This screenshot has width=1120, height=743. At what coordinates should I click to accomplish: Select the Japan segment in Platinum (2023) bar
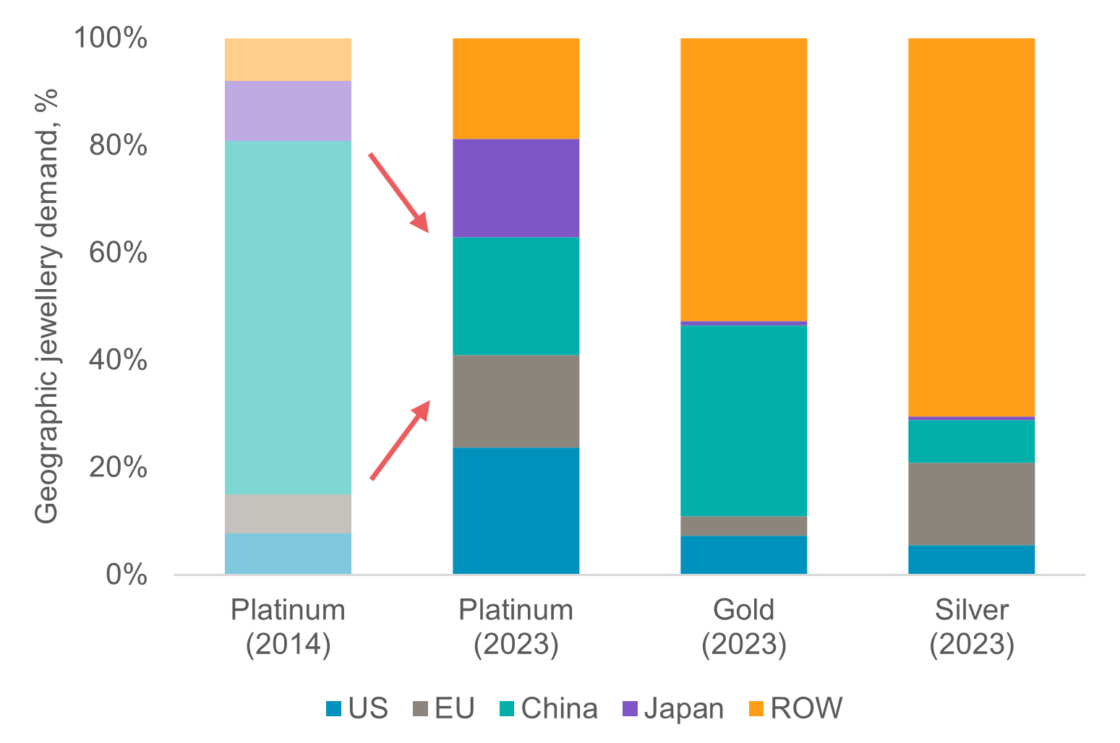click(516, 187)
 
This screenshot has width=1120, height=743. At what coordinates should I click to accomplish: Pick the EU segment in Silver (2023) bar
click(971, 503)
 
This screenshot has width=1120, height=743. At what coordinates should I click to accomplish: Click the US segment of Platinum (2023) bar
click(516, 510)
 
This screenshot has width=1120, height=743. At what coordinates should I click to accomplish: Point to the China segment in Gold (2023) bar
click(743, 420)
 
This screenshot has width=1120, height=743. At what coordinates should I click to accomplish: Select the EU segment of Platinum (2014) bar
click(288, 513)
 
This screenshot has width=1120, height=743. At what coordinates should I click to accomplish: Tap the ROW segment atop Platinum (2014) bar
click(288, 59)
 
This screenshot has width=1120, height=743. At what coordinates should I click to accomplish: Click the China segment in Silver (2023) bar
click(971, 441)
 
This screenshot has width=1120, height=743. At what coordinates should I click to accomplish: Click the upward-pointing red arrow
click(400, 440)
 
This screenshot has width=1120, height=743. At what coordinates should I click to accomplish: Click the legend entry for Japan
click(673, 708)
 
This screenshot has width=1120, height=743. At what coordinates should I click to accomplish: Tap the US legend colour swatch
click(333, 709)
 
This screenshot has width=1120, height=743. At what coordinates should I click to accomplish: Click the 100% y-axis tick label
click(110, 38)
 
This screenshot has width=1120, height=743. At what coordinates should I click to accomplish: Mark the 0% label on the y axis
click(126, 575)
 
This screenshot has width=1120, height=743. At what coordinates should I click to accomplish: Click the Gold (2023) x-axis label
click(743, 627)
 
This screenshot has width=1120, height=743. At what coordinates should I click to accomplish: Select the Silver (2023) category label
click(971, 627)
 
